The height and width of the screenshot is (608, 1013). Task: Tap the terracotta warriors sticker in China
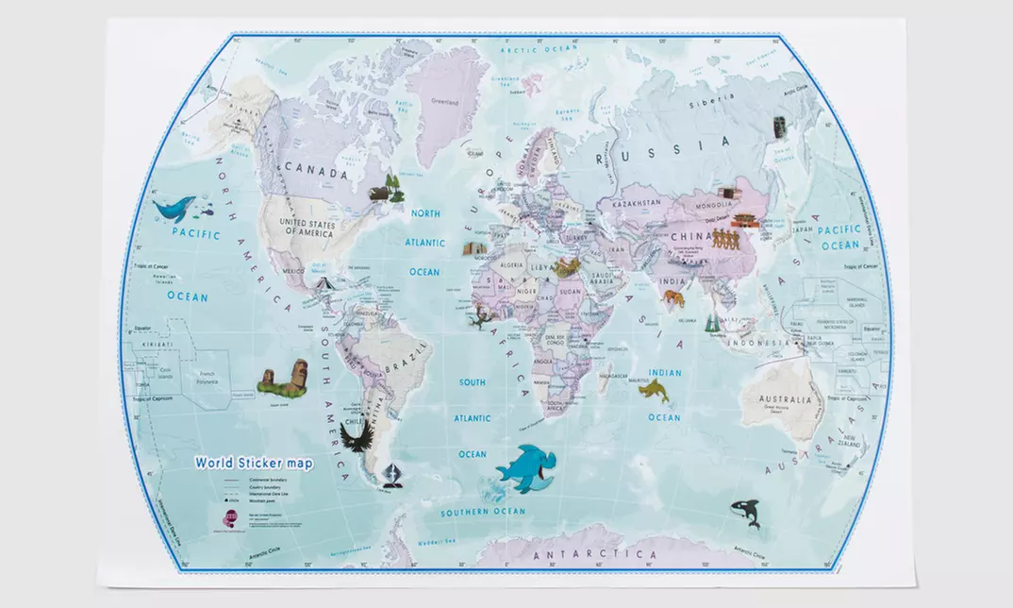pos(724,238)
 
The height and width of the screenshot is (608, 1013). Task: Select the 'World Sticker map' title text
pos(255,463)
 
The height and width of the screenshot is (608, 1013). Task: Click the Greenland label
pos(444,102)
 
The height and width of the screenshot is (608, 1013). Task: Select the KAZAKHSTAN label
pos(642,203)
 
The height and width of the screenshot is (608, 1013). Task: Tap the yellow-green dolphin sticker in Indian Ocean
pos(654,391)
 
